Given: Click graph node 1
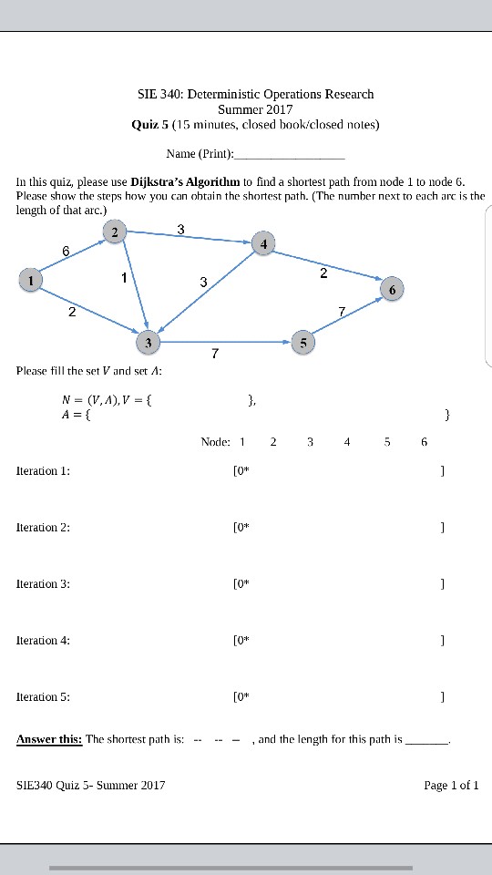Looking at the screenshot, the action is coord(31,280).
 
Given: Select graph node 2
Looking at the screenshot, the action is coord(115,232).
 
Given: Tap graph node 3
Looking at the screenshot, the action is coord(148,343).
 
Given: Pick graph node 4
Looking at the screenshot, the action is coord(263,244).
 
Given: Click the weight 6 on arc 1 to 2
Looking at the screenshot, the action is coord(66,251).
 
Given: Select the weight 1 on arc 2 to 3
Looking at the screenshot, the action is coord(124,277).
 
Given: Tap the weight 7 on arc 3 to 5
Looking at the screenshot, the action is coord(214,354).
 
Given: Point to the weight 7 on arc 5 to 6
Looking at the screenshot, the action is coord(341,312).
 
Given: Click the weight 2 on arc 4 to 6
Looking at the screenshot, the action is coord(323,273).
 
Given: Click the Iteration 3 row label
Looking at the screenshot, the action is coord(43,584).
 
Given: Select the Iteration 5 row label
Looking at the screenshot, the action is coord(43,697).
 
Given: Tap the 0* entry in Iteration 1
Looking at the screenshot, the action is coord(241,471).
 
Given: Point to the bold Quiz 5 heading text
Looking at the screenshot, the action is coord(150,124).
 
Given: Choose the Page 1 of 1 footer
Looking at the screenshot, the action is coord(451,785).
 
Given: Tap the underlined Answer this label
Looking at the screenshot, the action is coord(49,739).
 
